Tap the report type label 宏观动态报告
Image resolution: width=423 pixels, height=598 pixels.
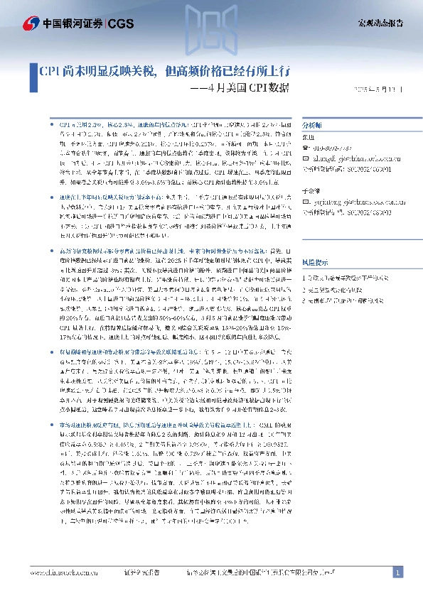[380, 23]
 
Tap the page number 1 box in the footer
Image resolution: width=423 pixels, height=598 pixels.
[398, 572]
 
